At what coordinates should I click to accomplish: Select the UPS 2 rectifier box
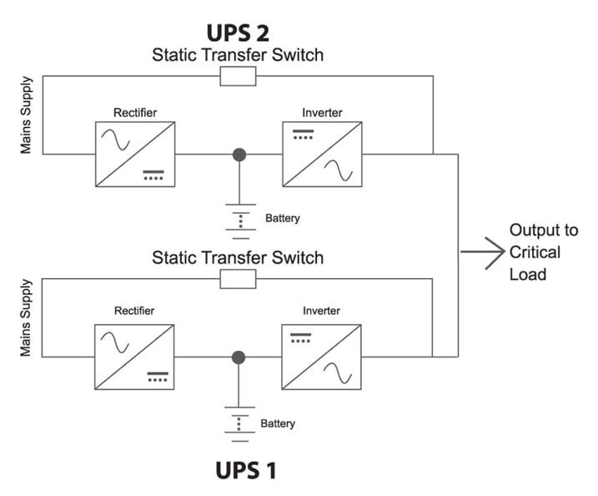click(x=135, y=154)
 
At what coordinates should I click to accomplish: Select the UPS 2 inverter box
click(x=322, y=154)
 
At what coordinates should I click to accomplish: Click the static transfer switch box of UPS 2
click(x=238, y=77)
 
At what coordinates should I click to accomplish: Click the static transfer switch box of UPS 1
click(x=238, y=279)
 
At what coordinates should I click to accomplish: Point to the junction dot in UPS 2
click(x=240, y=154)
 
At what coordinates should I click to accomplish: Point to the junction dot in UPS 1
click(x=239, y=357)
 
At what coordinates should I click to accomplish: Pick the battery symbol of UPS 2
click(x=240, y=219)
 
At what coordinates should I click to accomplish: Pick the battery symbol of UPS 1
click(x=239, y=423)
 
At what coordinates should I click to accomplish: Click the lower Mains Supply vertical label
click(x=26, y=318)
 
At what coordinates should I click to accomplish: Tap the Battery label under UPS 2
click(x=282, y=219)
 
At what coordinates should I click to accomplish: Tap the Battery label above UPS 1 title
click(x=278, y=423)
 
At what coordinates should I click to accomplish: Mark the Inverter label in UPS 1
click(x=321, y=311)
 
